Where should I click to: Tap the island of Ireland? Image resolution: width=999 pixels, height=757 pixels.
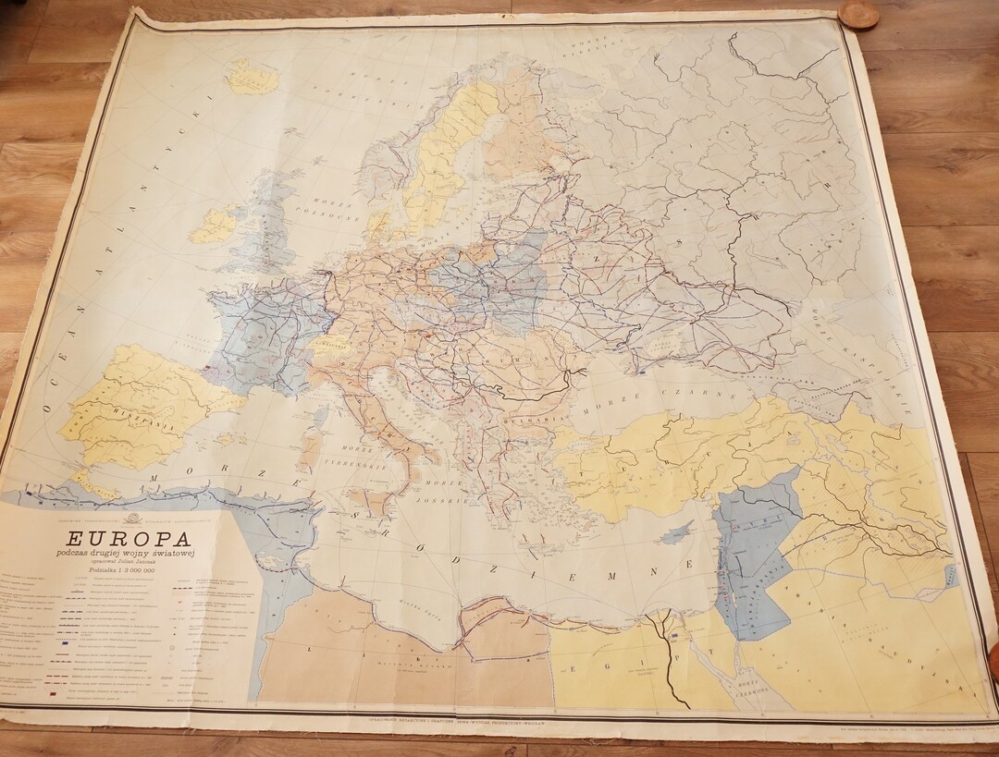tap(215, 225)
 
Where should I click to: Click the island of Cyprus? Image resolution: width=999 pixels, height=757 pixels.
tap(680, 531)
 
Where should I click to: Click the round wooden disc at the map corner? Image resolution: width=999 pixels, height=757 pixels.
tap(858, 15)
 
